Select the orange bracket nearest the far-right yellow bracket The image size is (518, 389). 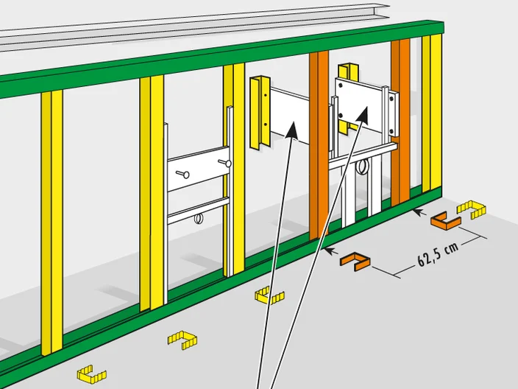(x=445, y=220)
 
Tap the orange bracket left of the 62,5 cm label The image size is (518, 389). (x=355, y=262)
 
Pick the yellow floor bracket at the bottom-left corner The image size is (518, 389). (x=91, y=374)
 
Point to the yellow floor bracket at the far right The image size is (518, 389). (x=472, y=209)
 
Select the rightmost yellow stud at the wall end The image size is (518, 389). (x=431, y=113)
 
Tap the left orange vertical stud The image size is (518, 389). (x=319, y=145)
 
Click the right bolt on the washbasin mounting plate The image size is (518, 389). (x=224, y=163)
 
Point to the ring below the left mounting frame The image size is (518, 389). (x=198, y=218)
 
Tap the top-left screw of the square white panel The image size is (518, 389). (x=341, y=85)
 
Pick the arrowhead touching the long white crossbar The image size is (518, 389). (x=291, y=130)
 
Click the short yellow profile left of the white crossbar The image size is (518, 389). (x=260, y=113)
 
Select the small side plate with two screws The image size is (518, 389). (x=393, y=113)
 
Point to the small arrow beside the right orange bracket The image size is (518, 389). (x=419, y=211)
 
